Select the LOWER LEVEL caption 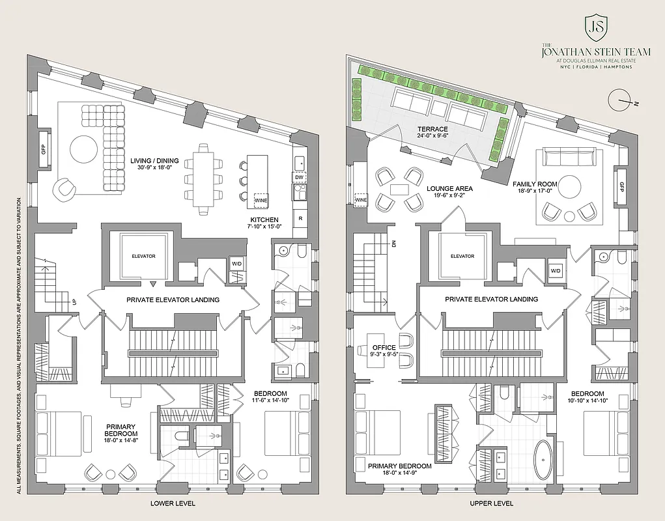173,503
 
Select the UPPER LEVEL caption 492,503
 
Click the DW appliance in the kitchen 300,177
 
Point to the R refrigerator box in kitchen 300,218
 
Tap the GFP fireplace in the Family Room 621,186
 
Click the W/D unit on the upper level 556,270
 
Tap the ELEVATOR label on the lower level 143,256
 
